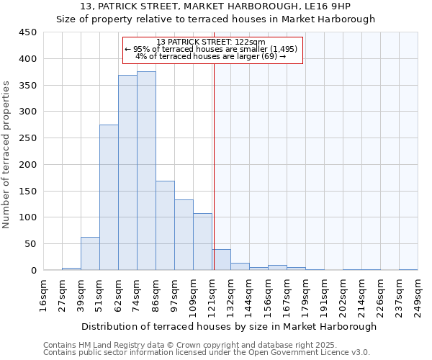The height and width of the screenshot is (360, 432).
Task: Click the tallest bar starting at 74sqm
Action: tap(146, 171)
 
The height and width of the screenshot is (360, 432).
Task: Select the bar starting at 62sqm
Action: tap(127, 173)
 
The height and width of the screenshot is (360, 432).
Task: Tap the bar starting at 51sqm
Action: tap(109, 197)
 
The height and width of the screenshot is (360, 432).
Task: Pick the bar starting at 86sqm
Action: tap(165, 225)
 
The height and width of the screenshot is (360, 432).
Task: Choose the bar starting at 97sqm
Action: tap(184, 235)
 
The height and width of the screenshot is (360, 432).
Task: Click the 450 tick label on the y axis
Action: tap(27, 32)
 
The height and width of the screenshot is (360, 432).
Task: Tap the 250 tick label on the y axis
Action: tap(27, 138)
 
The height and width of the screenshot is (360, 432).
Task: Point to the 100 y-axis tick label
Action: tap(27, 217)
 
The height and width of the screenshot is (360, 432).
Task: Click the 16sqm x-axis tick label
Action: tap(44, 295)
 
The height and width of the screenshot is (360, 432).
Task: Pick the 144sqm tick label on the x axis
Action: tap(249, 295)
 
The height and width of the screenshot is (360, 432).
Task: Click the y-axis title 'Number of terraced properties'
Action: tap(7, 154)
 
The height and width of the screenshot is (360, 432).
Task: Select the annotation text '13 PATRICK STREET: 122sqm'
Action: tap(211, 42)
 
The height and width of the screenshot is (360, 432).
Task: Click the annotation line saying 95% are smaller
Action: tap(211, 49)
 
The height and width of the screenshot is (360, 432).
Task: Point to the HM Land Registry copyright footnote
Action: tap(206, 345)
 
